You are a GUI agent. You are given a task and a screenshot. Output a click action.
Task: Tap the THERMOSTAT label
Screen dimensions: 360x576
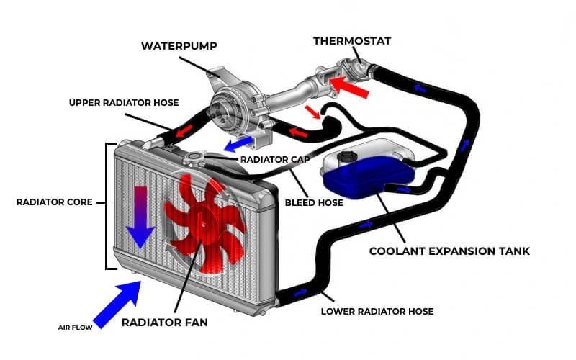352,40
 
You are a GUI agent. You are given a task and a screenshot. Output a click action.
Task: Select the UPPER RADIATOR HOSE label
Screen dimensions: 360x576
124,102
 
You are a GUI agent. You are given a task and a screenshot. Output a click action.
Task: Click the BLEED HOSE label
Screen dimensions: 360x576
314,202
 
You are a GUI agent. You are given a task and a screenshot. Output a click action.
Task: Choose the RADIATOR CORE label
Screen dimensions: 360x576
55,202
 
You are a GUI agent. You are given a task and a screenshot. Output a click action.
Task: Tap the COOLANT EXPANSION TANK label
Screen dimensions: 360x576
449,251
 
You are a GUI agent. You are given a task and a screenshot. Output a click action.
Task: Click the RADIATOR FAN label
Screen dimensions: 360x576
164,322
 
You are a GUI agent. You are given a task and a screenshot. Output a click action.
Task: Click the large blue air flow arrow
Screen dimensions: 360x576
118,303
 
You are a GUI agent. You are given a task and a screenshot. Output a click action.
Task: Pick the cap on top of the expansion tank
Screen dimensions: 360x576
342,154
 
